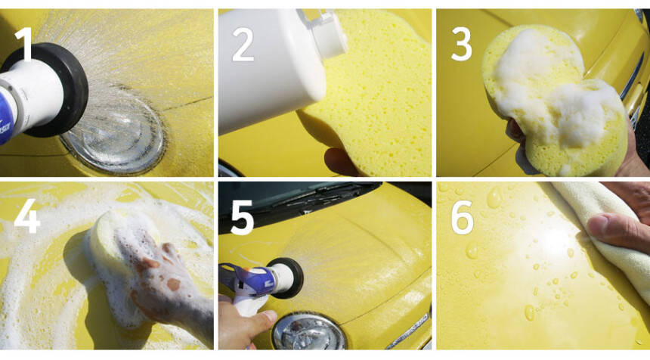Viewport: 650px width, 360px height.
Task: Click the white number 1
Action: click(25, 44)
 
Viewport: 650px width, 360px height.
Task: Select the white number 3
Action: click(461, 44)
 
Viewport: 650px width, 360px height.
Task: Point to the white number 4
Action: click(27, 216)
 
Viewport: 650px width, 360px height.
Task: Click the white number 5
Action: click(242, 217)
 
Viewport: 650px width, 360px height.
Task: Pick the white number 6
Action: click(463, 217)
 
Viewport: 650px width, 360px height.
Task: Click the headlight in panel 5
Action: click(309, 332)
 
